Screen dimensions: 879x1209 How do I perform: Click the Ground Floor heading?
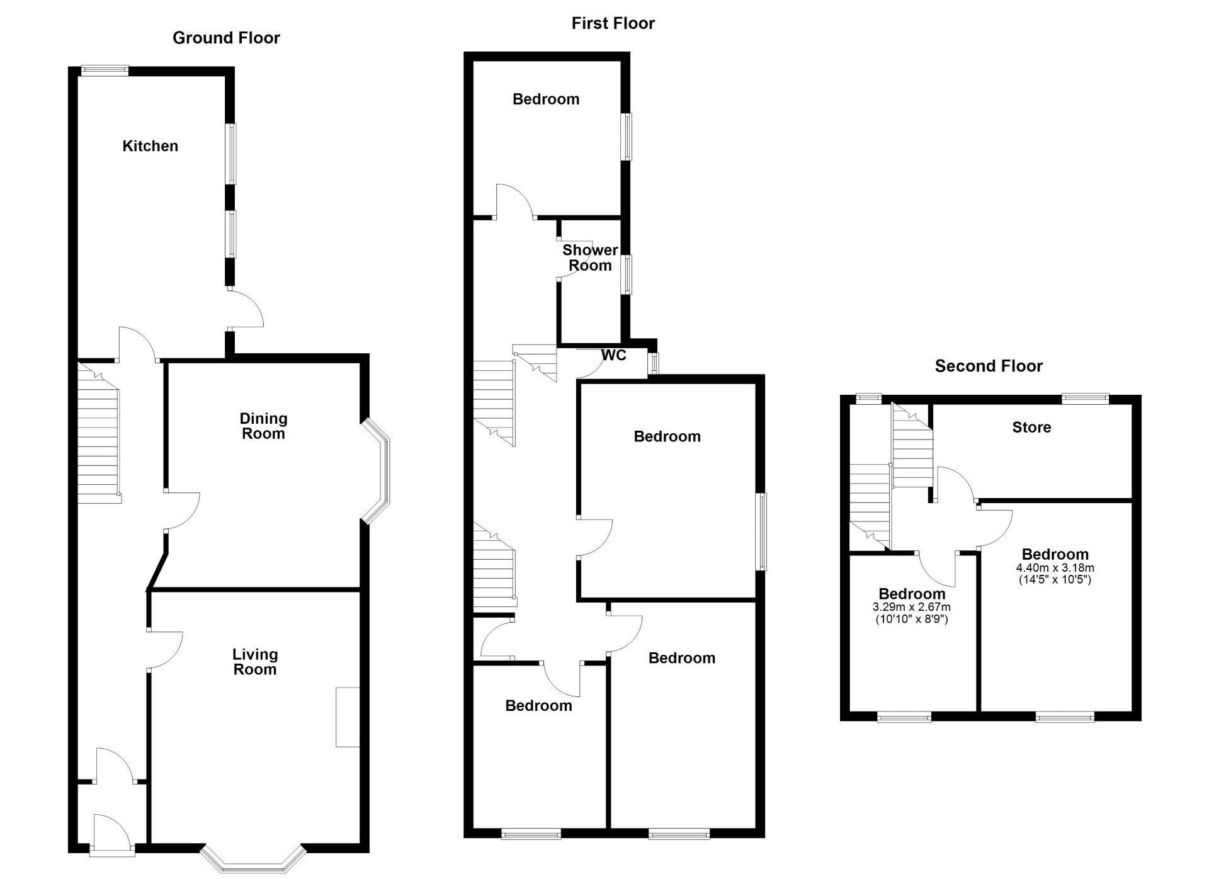point(226,38)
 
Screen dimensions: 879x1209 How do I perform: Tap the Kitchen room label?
point(150,146)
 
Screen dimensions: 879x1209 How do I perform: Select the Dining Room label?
point(263,426)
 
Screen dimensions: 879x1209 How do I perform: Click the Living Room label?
point(254,662)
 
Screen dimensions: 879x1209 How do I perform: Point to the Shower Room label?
point(589,258)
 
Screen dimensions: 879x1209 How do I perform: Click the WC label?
point(613,355)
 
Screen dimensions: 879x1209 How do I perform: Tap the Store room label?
point(1031,428)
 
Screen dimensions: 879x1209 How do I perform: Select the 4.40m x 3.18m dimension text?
point(1055,567)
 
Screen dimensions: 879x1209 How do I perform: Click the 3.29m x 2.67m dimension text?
point(911,607)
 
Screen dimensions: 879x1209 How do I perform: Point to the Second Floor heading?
point(988,366)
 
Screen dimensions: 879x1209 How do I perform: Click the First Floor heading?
point(613,23)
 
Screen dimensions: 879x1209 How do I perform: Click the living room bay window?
point(253,859)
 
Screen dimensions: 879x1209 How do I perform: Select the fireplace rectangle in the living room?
point(347,717)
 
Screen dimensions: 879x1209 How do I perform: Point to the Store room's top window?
point(1084,398)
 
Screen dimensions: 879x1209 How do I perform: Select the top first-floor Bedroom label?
point(545,99)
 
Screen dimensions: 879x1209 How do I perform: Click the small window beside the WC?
point(655,363)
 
